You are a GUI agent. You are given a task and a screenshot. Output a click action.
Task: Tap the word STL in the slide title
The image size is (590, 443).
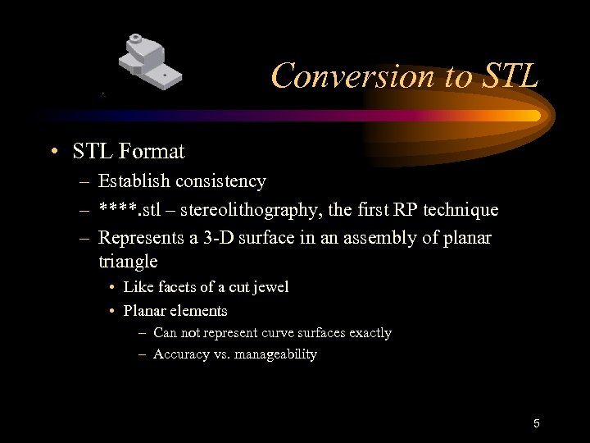coord(506,76)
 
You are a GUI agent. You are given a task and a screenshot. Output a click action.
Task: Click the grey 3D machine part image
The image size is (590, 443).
coord(150,62)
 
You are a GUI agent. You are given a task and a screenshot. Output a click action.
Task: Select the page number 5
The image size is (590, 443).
coord(536,423)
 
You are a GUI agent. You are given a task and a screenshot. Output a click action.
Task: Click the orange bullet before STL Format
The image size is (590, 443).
coord(53,153)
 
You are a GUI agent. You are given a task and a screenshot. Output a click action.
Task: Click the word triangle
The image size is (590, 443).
coord(128,262)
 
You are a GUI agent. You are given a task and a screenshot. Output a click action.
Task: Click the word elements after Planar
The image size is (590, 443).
coord(200,311)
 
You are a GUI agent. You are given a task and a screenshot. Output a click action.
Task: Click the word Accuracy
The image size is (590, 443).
coord(181,354)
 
